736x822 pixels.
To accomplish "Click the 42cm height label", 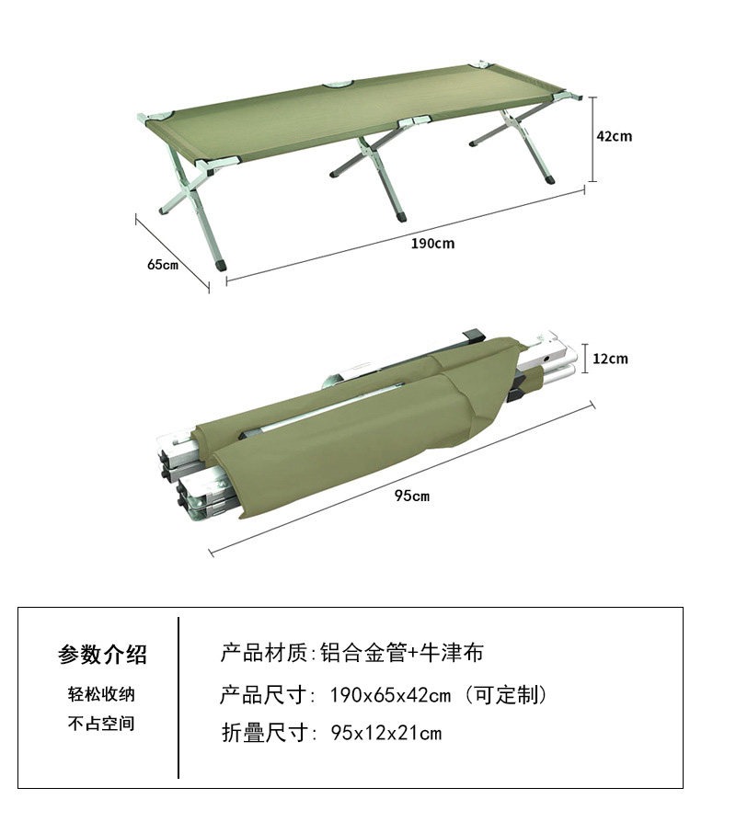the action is coord(614,136).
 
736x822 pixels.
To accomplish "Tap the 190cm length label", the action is coord(432,244).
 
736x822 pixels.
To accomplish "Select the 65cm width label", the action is coord(163,264).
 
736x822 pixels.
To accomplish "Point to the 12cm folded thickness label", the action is coord(610,360).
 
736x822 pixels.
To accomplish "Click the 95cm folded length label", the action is coord(412,496).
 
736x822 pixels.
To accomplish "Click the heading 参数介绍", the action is coord(102,655).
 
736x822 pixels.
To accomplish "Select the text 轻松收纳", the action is coord(101,694).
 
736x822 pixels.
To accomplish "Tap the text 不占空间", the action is coord(101,724).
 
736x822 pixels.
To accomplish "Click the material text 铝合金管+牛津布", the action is coord(401,653).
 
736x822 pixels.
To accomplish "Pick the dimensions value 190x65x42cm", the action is coord(390,696).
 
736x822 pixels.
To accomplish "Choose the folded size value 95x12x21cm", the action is coord(386,733).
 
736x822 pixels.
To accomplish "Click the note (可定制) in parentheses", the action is coord(505,695).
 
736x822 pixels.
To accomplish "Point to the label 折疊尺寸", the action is coord(265,733).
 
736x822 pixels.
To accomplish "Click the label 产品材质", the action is coord(264,653).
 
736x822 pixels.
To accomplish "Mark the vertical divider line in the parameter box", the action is coord(178,698).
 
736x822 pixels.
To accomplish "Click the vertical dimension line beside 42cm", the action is coord(592,139).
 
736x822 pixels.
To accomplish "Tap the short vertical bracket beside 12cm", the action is coord(585,359).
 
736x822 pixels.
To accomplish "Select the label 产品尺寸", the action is coord(264,695).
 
